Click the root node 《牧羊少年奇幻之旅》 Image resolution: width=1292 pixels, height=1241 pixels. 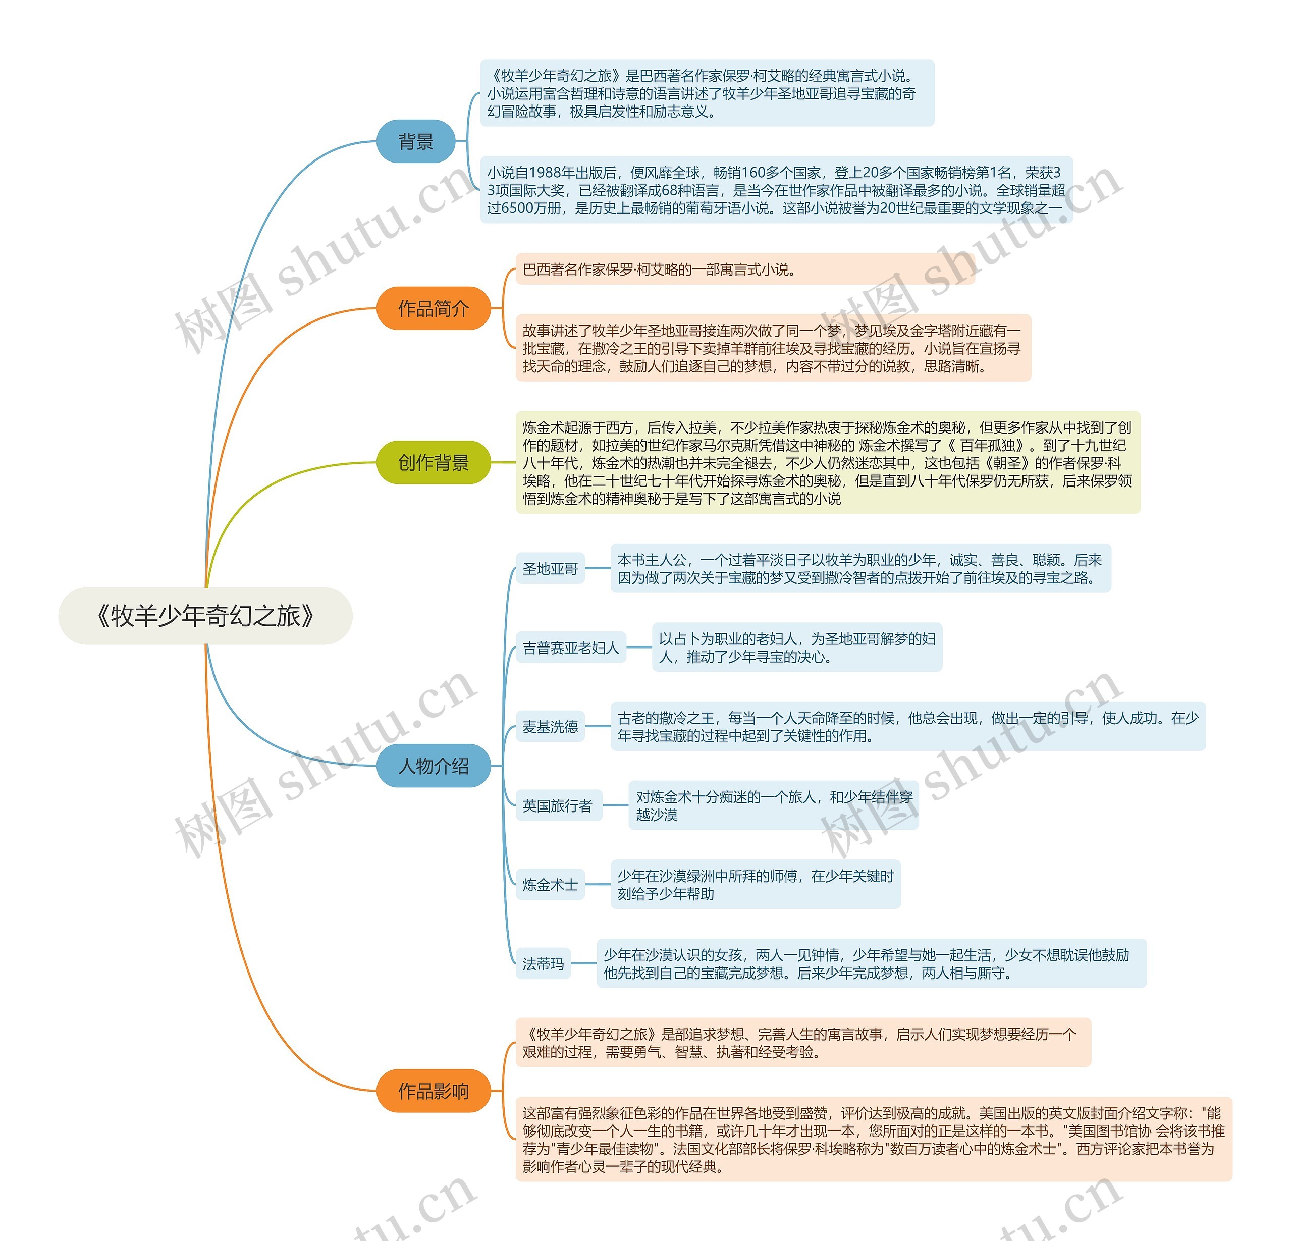(x=205, y=616)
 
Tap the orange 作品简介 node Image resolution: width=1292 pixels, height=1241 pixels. (x=433, y=308)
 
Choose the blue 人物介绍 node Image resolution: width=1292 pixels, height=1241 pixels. (x=433, y=766)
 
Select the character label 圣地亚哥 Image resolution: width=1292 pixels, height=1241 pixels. (x=550, y=569)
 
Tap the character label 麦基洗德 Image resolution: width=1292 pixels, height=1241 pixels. (x=550, y=727)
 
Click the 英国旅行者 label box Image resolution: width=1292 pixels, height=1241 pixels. (x=558, y=805)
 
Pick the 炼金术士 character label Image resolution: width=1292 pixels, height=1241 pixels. (x=550, y=885)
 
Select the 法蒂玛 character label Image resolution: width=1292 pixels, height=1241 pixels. (x=543, y=963)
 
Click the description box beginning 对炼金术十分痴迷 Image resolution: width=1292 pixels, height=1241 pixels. (x=773, y=805)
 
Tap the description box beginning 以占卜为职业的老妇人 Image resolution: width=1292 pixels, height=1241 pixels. (x=796, y=647)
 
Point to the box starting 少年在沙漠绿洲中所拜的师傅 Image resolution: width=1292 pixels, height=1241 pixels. (x=755, y=885)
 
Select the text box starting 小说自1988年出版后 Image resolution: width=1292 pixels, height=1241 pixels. (x=776, y=190)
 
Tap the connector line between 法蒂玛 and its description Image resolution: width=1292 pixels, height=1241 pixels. (x=583, y=963)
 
